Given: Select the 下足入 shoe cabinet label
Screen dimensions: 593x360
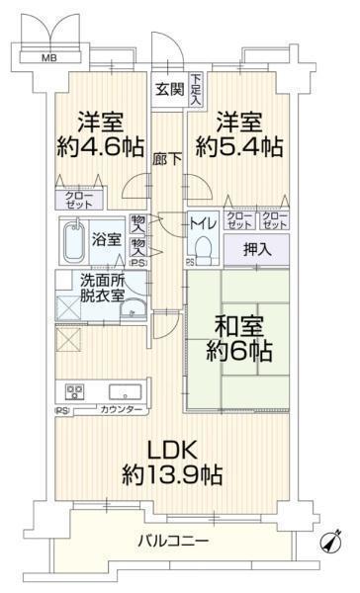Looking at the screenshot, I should click(x=196, y=89).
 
